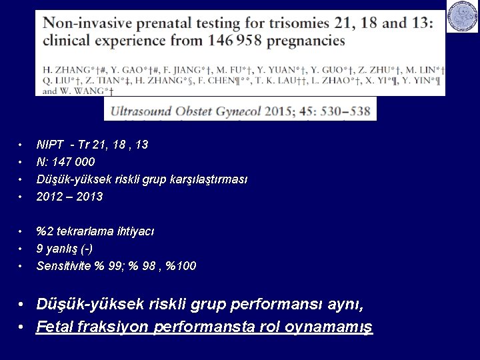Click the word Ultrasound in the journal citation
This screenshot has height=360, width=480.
pyautogui.click(x=148, y=111)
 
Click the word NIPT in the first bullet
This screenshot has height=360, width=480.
pyautogui.click(x=49, y=145)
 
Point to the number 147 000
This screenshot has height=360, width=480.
pyautogui.click(x=74, y=162)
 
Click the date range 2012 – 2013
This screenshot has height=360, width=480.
pyautogui.click(x=70, y=197)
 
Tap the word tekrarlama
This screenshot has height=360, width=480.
pyautogui.click(x=85, y=231)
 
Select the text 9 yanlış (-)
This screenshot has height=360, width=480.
pyautogui.click(x=65, y=249)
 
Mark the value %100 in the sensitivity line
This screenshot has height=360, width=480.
pyautogui.click(x=181, y=266)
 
